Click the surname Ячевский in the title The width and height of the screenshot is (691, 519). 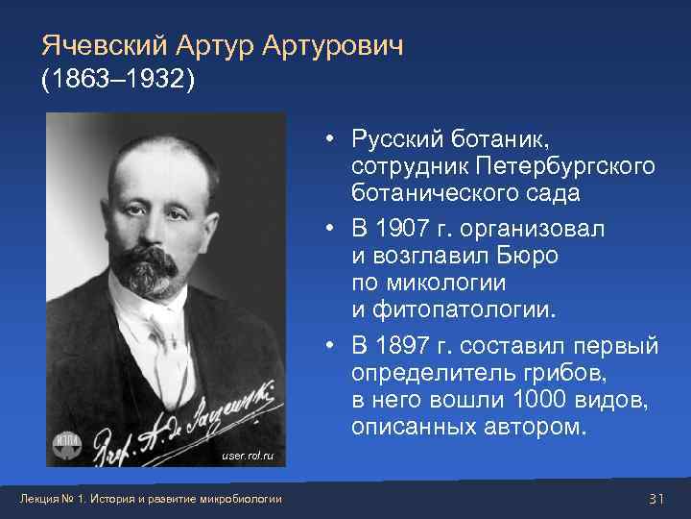(103, 45)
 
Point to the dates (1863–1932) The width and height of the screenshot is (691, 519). (118, 80)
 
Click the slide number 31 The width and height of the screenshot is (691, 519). (656, 497)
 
